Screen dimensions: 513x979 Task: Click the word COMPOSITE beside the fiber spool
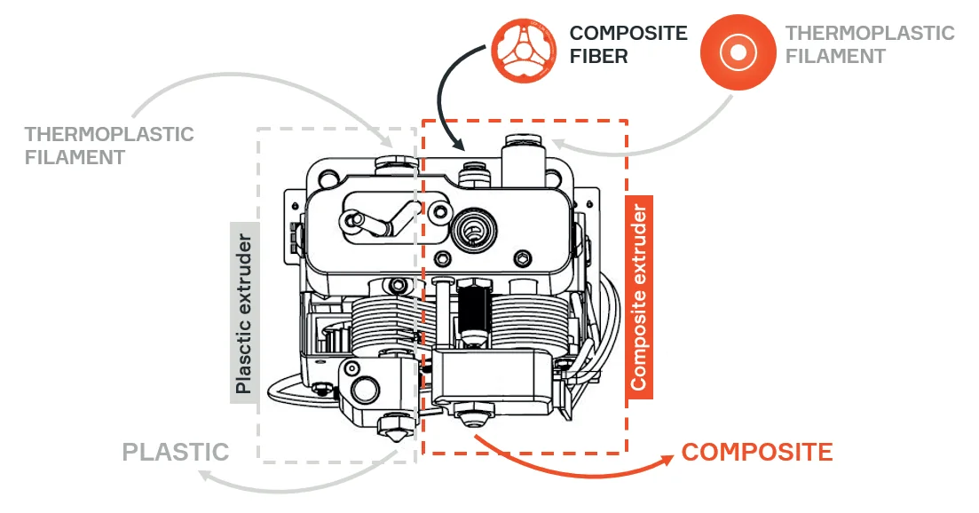(x=628, y=34)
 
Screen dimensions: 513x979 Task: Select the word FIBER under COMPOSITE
(x=599, y=56)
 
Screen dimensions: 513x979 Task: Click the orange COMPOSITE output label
(x=757, y=452)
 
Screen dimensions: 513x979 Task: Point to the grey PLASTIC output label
(x=176, y=452)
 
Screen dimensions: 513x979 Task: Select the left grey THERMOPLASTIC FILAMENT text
(x=108, y=146)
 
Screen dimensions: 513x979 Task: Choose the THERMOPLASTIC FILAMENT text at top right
(x=870, y=44)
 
